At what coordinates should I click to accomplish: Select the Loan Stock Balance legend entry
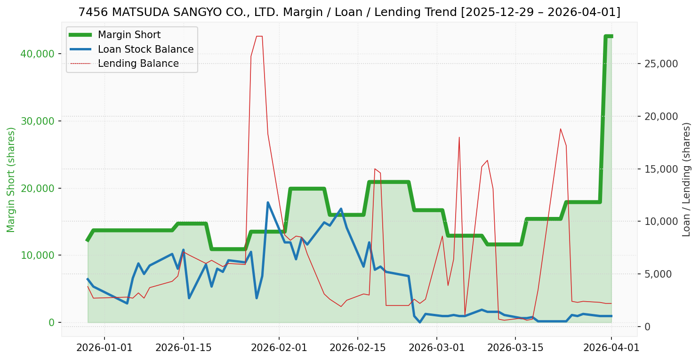coord(145,49)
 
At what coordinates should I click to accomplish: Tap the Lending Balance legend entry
coord(138,64)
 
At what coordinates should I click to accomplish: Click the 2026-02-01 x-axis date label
coord(279,348)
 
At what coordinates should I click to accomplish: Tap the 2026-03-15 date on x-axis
coord(515,348)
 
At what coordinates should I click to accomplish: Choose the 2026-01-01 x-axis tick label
coord(104,348)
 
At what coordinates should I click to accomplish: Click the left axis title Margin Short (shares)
coord(11,180)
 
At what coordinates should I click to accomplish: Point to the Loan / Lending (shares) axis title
coord(686,180)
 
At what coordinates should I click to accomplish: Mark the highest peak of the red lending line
coord(259,36)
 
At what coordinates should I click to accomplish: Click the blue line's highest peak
coord(268,202)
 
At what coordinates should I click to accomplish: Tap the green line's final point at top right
coord(611,36)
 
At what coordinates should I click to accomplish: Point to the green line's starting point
coord(88,240)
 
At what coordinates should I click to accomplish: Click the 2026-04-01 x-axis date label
coord(611,348)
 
